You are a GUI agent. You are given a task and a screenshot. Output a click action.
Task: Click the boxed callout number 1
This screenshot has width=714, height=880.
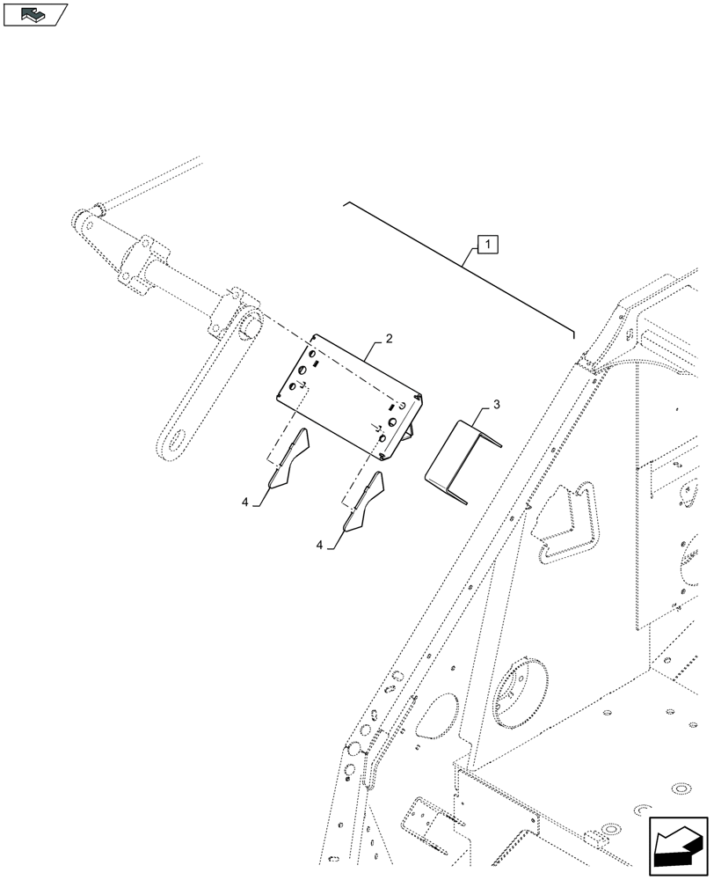click(x=488, y=244)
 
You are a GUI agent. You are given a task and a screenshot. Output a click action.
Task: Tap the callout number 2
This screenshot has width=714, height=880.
click(x=388, y=338)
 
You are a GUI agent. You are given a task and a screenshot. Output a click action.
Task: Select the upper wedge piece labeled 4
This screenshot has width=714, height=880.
click(x=289, y=458)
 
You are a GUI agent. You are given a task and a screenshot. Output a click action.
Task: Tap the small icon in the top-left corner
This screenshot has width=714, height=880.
click(x=35, y=14)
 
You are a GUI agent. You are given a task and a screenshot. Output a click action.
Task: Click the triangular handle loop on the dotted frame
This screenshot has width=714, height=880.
click(x=566, y=526)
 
